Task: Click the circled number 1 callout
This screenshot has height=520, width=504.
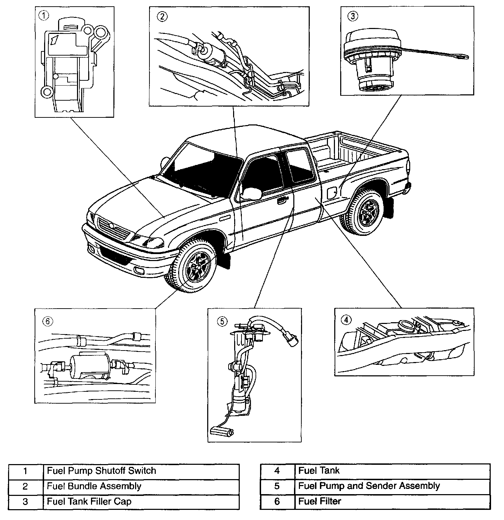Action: [44, 16]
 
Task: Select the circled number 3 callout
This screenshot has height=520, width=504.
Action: [353, 16]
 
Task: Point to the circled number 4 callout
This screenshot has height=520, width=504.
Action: [346, 319]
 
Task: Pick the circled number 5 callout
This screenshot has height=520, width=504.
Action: [222, 321]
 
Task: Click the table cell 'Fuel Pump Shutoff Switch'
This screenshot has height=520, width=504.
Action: [141, 471]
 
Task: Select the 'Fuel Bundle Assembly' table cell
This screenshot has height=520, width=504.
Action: [141, 486]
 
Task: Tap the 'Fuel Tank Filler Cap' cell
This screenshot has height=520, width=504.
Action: [141, 502]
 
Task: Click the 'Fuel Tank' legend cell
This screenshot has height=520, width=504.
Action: [392, 471]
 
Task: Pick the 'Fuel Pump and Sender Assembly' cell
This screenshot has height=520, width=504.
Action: [392, 486]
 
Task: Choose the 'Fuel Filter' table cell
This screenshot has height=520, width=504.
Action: [392, 501]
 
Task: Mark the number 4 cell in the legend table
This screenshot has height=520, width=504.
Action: [277, 471]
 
